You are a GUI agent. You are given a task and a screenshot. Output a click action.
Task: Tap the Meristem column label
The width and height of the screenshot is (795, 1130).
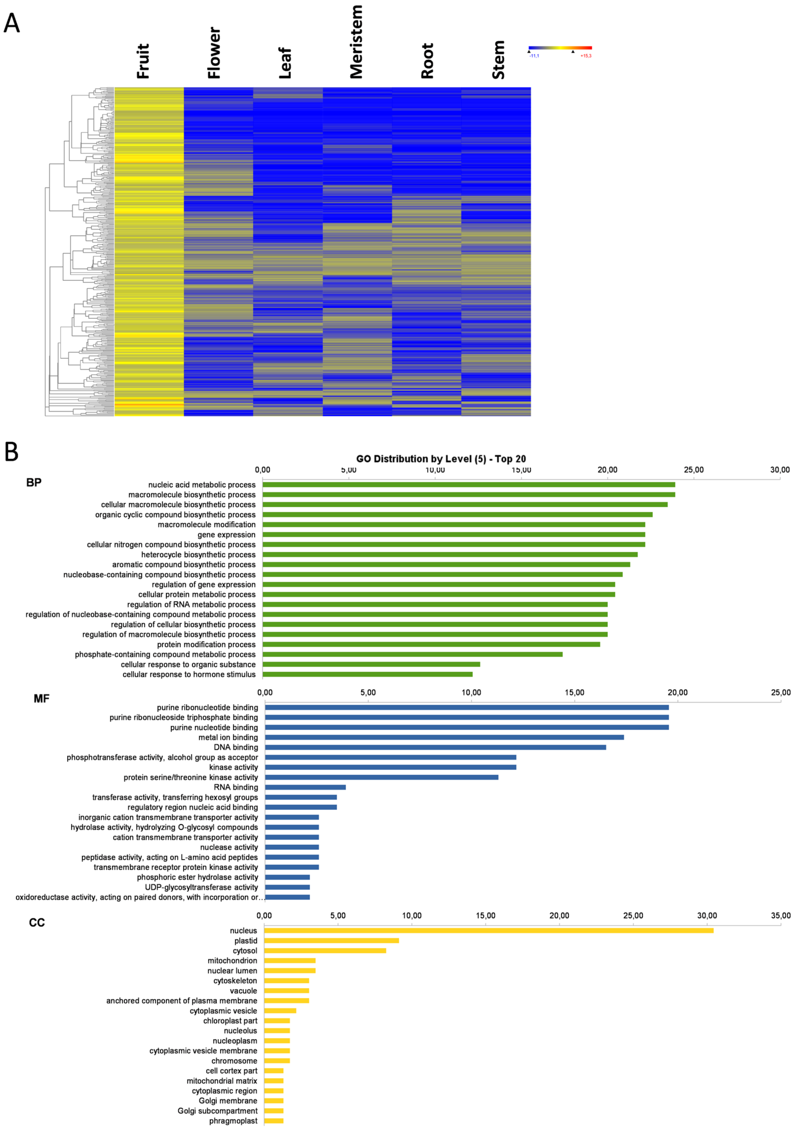click(x=356, y=42)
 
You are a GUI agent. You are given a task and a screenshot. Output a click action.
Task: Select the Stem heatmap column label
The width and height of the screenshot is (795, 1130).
click(x=498, y=60)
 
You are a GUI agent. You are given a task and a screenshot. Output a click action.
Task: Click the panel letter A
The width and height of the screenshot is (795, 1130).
click(x=12, y=23)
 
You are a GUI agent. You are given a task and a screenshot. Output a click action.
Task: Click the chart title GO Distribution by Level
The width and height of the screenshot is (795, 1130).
click(x=441, y=459)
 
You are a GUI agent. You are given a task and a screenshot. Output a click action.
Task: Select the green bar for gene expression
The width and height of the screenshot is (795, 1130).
click(x=454, y=534)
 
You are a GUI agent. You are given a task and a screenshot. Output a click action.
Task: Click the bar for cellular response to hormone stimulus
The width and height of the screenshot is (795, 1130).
click(x=368, y=674)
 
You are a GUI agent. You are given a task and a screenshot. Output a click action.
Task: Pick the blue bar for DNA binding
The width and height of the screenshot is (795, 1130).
click(x=435, y=747)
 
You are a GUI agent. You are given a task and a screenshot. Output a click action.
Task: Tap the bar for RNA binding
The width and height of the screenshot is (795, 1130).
click(x=305, y=787)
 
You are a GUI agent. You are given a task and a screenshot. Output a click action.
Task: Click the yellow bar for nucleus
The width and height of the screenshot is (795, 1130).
click(x=488, y=930)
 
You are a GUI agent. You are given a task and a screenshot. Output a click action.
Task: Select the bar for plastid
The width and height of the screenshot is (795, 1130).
click(x=331, y=940)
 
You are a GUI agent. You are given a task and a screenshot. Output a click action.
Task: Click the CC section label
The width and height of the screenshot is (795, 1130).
click(x=37, y=922)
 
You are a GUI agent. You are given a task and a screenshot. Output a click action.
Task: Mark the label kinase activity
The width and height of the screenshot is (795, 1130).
click(x=233, y=767)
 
